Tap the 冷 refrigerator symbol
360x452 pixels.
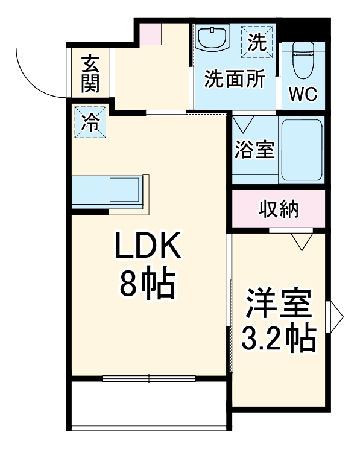89,123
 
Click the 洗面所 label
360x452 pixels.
234,79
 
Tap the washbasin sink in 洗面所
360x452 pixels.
212,39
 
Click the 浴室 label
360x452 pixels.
254,149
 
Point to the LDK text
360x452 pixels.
148,248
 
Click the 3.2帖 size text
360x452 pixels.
279,340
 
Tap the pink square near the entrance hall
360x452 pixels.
148,34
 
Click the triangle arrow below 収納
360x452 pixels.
300,241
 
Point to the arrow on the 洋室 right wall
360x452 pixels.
335,314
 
